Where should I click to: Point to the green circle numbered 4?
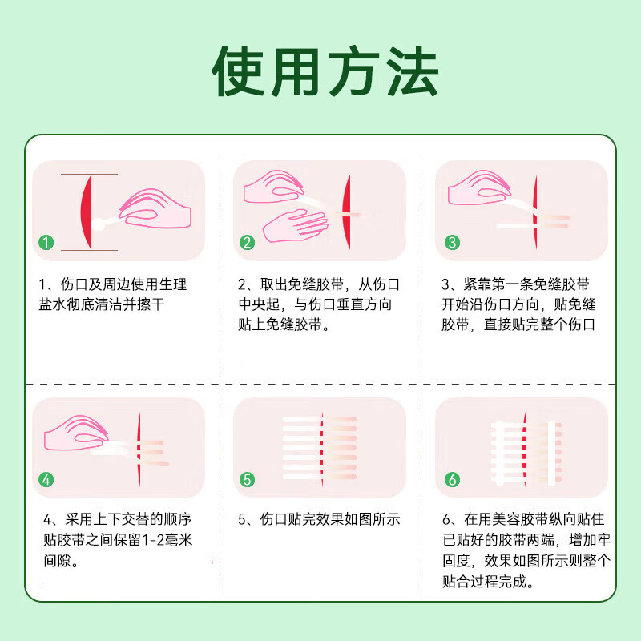coord(48,480)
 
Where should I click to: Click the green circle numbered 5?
coord(248,480)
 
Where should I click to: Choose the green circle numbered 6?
coord(452,480)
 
